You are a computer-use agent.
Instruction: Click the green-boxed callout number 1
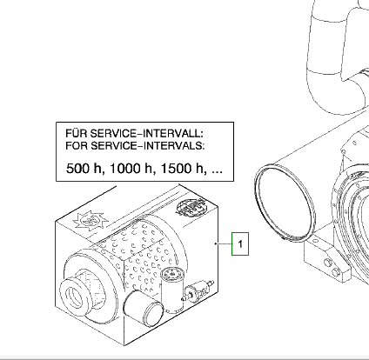[x=240, y=244]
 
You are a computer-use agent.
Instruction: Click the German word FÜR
[x=76, y=133]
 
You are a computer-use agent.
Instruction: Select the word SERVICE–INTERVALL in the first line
[x=147, y=133]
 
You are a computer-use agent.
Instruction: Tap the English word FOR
[x=77, y=145]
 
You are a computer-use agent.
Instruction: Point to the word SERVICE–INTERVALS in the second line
[x=148, y=145]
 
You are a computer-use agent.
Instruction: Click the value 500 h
[x=85, y=169]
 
